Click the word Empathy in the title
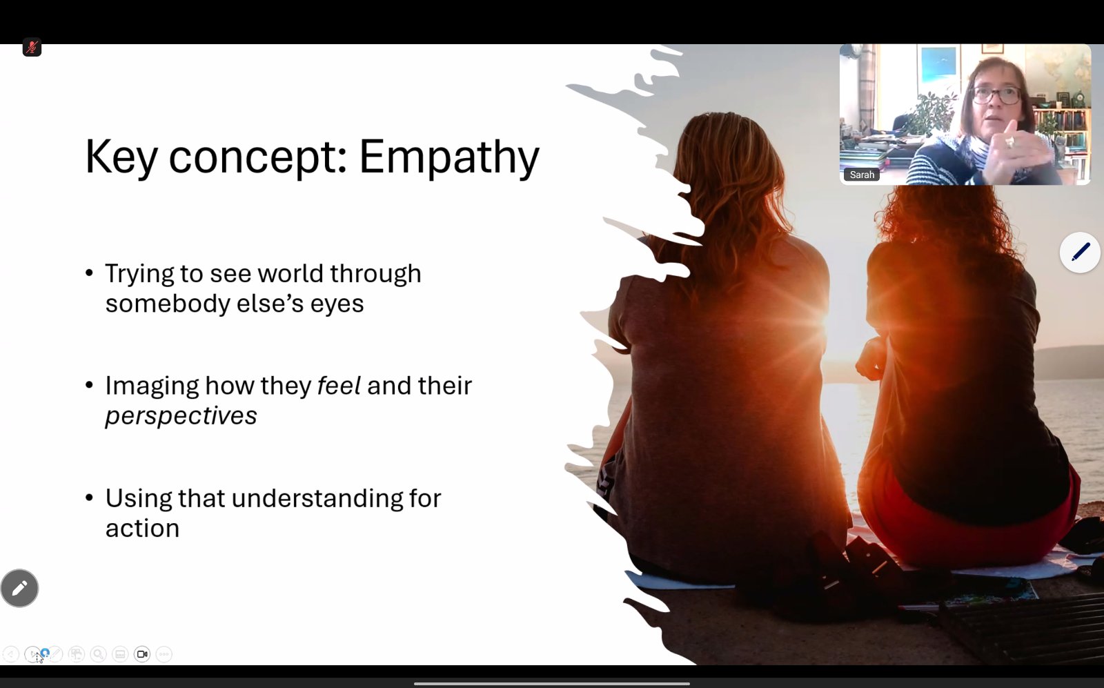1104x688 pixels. point(449,159)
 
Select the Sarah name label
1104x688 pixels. point(862,175)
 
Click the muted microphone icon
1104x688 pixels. point(32,48)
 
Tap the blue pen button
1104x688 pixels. point(1079,253)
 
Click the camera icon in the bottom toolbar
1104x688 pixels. point(142,654)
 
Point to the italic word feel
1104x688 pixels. point(339,385)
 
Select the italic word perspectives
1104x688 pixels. point(181,416)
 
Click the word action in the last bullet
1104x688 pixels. point(142,529)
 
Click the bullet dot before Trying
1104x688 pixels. point(89,273)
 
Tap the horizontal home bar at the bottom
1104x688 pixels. point(552,684)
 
